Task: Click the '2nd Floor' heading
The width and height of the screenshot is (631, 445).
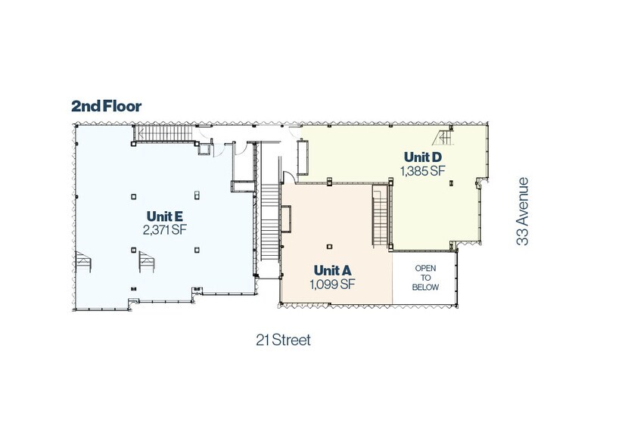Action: coord(106,106)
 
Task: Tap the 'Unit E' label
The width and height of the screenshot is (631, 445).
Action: coord(165,216)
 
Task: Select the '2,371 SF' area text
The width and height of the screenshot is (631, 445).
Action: coord(165,230)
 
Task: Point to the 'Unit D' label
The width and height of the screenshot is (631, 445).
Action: coord(422,157)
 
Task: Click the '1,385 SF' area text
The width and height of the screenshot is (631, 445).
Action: coord(422,171)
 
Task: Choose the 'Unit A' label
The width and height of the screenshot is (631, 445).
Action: coord(332,270)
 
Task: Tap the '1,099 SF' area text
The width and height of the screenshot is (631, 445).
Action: coord(332,285)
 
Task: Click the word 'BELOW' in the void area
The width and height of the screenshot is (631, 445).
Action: coord(425,288)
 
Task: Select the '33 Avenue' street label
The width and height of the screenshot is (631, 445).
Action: coord(522,211)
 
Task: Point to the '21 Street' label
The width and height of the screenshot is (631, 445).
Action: coord(283,340)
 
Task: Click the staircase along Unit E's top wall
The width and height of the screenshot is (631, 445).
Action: coord(163,133)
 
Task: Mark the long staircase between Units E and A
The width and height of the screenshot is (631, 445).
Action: coord(270,222)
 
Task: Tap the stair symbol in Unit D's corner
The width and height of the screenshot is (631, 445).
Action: coord(443,138)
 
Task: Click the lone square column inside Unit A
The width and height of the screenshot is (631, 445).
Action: coord(330,247)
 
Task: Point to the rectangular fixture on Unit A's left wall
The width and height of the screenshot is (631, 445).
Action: coord(286,219)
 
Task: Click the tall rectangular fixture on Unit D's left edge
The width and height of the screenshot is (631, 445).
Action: coord(303,157)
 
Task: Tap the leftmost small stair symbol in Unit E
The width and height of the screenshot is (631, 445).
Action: coord(83,261)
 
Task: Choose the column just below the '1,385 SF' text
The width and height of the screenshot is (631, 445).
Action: coord(452,183)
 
